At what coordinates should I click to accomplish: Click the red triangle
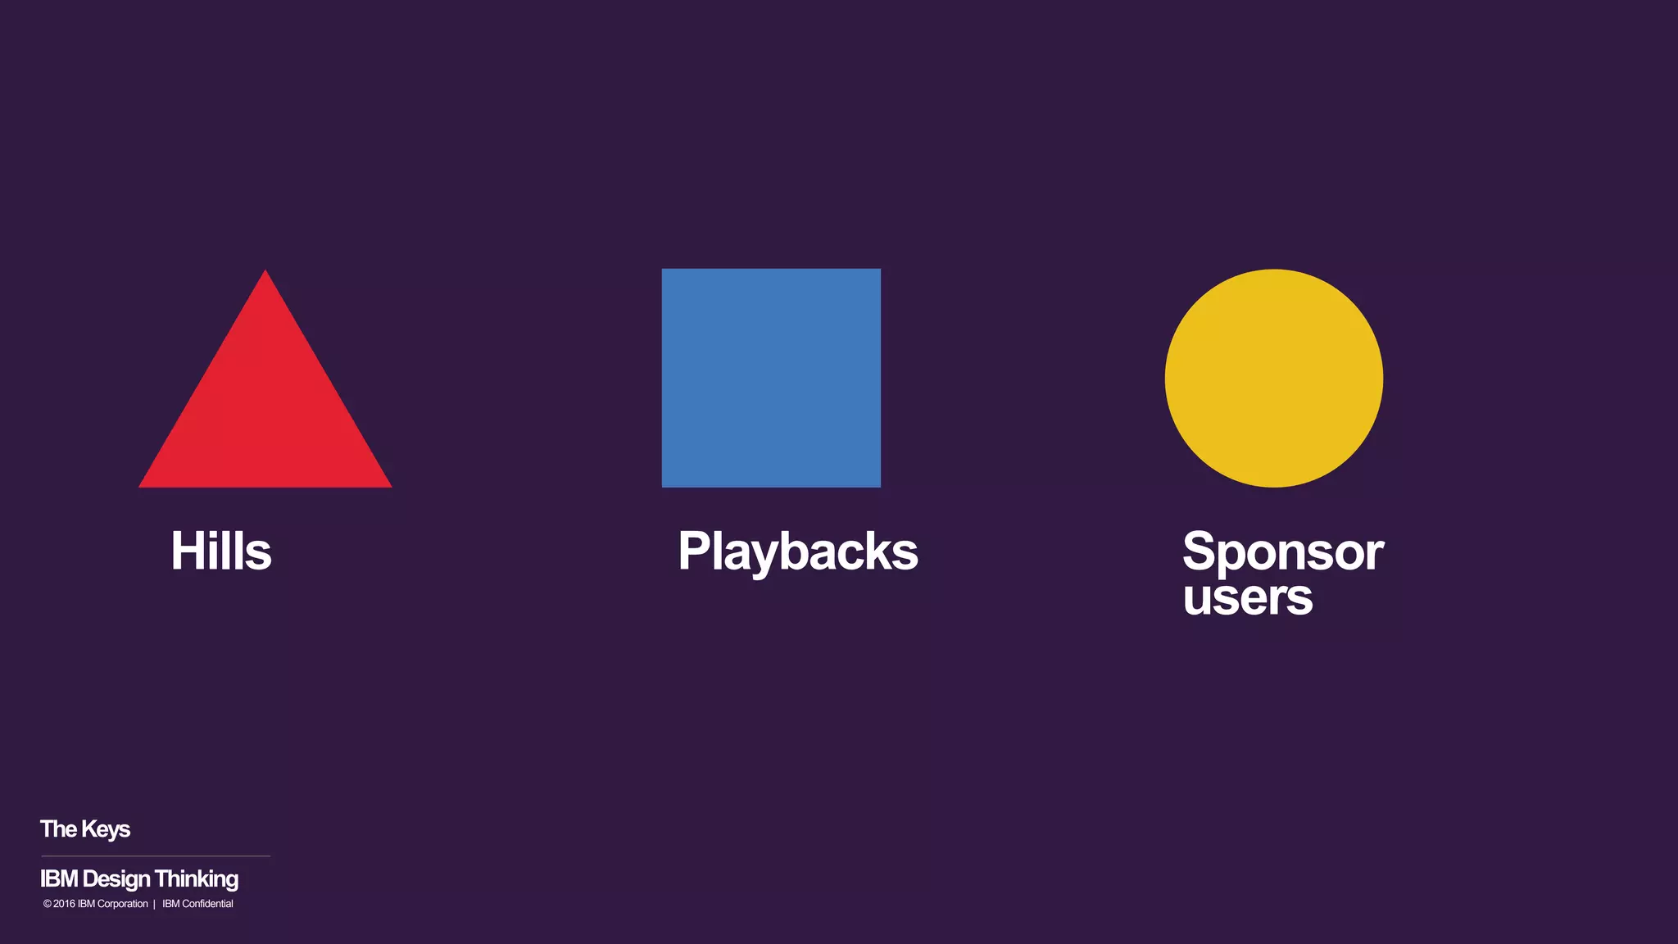265,410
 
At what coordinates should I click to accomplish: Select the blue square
771,378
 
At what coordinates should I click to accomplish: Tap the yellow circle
1273,378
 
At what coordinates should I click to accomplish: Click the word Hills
221,551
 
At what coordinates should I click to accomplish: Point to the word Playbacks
797,552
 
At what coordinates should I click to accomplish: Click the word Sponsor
1282,552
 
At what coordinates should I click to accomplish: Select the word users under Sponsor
1247,597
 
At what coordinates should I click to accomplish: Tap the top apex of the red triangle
265,273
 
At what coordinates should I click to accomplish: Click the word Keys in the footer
106,829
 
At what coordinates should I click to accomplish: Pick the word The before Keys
58,829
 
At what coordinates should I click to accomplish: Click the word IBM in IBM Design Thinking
59,879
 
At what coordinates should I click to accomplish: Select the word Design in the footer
116,879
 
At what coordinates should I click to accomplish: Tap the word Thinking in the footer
197,879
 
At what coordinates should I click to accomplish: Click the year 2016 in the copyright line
64,904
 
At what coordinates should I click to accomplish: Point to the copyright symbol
48,904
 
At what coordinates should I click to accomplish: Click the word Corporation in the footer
122,904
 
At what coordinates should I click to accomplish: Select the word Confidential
207,904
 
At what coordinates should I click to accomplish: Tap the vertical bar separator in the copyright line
154,905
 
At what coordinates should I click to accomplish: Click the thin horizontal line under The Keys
156,856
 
